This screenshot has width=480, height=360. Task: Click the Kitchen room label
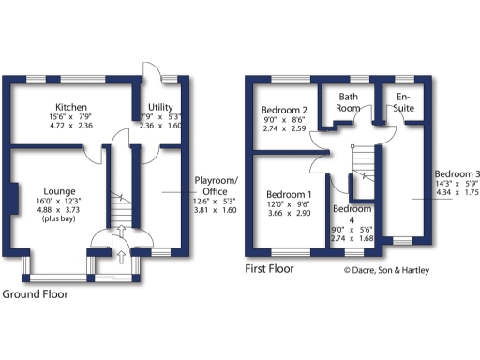[70, 106]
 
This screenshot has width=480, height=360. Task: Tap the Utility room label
[158, 106]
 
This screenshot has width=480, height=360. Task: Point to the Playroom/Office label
[216, 185]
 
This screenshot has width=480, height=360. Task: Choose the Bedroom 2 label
[284, 110]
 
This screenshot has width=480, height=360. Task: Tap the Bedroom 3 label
[457, 174]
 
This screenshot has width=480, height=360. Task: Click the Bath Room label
[349, 102]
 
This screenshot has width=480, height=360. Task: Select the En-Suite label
[404, 102]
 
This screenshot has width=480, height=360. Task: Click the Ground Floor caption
[35, 293]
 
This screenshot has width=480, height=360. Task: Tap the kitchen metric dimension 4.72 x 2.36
[71, 126]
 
